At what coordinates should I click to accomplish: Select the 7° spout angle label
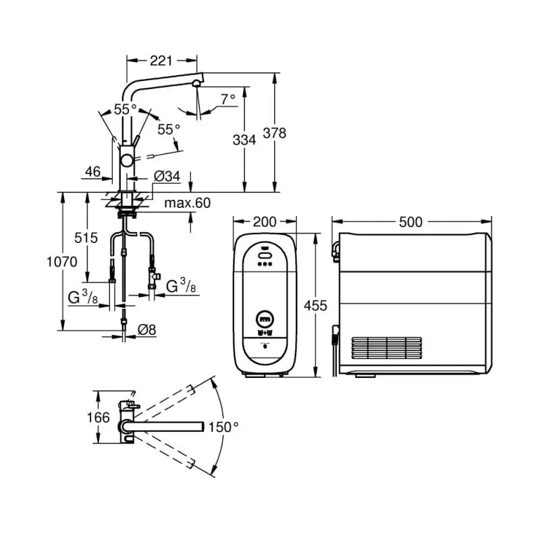(228, 98)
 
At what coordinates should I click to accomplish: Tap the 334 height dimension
(244, 140)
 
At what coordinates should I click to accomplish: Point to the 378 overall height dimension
(274, 133)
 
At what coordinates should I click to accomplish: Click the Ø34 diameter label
(167, 176)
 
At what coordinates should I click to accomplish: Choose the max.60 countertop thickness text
(188, 203)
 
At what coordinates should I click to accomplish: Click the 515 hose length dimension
(86, 238)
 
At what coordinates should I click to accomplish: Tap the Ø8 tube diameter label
(148, 329)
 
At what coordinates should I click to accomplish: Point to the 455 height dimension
(315, 306)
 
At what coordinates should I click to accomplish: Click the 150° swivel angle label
(223, 427)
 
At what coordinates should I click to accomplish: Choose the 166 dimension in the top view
(99, 417)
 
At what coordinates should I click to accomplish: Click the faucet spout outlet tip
(196, 83)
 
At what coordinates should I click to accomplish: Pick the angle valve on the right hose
(155, 275)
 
